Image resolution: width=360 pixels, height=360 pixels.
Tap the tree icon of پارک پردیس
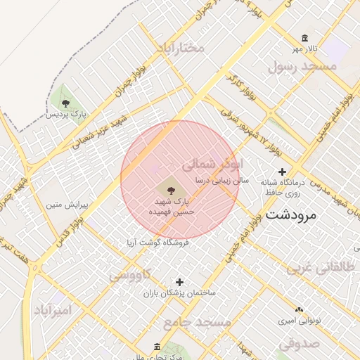(x=65, y=103)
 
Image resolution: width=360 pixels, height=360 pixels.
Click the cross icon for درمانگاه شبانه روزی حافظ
(x=282, y=172)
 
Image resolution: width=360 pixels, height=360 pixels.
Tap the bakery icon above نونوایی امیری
(x=300, y=309)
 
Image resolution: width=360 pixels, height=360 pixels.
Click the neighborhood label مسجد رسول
(x=302, y=66)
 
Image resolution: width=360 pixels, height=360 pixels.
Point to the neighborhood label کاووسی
(x=130, y=275)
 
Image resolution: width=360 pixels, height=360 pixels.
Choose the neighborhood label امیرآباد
(x=53, y=309)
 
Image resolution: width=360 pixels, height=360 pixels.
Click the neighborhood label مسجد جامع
(x=197, y=322)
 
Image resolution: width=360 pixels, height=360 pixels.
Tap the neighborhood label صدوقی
(x=299, y=343)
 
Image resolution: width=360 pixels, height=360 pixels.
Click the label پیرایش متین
(x=65, y=206)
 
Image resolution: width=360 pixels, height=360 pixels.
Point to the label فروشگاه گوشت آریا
(x=158, y=242)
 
